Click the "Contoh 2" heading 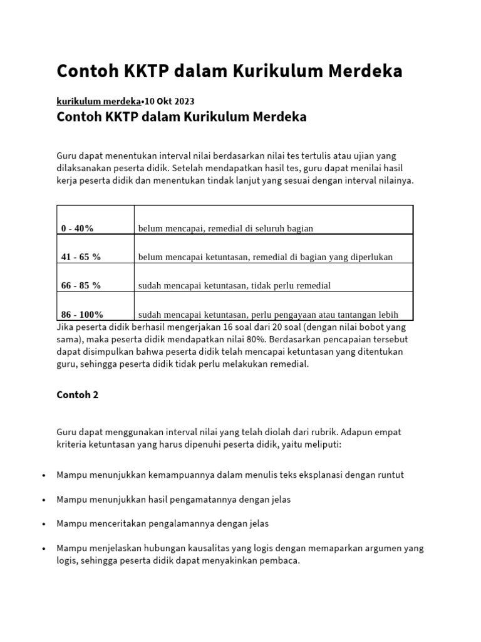click(x=78, y=395)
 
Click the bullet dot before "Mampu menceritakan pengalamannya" click(x=43, y=524)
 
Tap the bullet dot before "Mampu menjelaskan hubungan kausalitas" click(x=43, y=548)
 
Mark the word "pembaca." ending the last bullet click(x=282, y=560)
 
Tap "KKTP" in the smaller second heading click(x=121, y=117)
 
